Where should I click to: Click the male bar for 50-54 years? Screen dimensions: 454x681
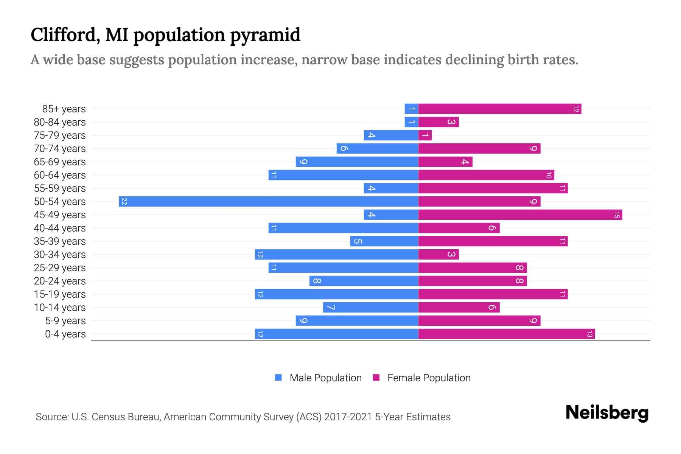click(x=269, y=201)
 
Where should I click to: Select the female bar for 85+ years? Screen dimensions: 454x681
click(x=499, y=109)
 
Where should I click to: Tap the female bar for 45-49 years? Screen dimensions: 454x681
click(x=520, y=215)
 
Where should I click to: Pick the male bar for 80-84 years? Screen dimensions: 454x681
click(x=411, y=122)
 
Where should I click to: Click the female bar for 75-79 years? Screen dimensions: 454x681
click(x=425, y=135)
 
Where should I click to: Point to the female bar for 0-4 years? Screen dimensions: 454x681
click(x=506, y=334)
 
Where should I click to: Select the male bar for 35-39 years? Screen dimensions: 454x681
click(x=384, y=241)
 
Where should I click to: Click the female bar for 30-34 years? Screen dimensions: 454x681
click(x=438, y=255)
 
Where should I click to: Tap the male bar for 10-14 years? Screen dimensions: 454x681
click(x=370, y=308)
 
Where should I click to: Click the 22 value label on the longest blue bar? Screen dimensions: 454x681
click(x=124, y=202)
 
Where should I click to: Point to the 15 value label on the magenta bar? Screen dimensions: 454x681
click(x=617, y=215)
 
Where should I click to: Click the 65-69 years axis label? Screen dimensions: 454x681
click(x=60, y=162)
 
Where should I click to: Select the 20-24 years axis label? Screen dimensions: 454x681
click(x=60, y=281)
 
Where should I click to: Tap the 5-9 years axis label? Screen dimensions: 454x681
click(x=65, y=321)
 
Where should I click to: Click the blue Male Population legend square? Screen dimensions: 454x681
click(x=278, y=378)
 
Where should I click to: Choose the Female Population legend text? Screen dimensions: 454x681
click(x=429, y=378)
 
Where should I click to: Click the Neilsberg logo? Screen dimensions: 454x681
click(x=607, y=413)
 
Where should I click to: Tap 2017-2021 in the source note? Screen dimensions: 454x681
click(x=348, y=417)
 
